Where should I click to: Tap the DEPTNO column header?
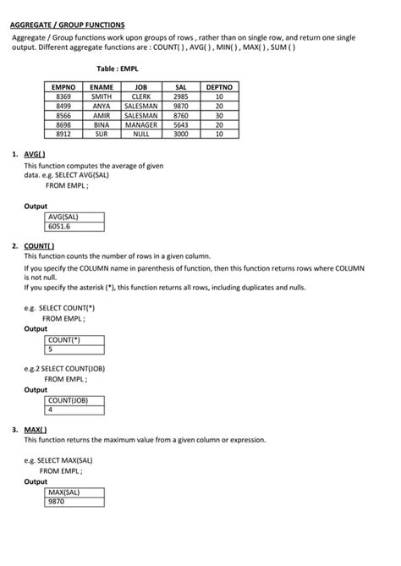(x=219, y=87)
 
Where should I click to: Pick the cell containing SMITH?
(x=102, y=96)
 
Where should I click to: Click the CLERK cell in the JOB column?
(x=141, y=96)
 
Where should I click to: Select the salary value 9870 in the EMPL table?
(x=180, y=106)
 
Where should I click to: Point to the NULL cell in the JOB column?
(x=141, y=134)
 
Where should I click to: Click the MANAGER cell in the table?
(x=141, y=124)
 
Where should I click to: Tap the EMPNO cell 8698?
(x=63, y=124)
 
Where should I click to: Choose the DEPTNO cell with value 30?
(x=219, y=115)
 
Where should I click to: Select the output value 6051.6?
(x=60, y=227)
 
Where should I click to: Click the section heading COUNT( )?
(x=39, y=245)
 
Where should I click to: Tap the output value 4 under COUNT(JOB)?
(x=52, y=409)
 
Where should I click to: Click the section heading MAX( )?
(x=36, y=429)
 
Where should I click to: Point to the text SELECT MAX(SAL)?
(x=66, y=460)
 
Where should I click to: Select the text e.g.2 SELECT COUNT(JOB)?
(x=70, y=369)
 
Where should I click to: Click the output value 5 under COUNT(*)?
(x=52, y=349)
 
